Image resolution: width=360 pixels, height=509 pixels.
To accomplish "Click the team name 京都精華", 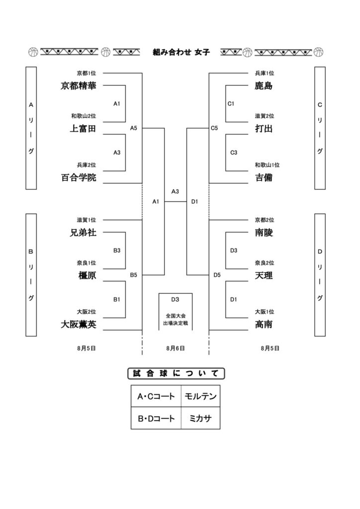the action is tap(78, 85).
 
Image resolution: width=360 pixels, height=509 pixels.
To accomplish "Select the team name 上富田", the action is tap(83, 129).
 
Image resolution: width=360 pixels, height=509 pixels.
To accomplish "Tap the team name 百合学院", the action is tap(79, 177).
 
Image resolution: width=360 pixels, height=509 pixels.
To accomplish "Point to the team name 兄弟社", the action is tap(83, 233).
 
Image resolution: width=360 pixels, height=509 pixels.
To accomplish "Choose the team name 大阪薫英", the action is tap(79, 324).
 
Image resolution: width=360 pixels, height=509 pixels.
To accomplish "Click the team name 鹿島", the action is tap(264, 85).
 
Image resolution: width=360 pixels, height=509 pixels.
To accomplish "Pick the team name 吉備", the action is tap(264, 177).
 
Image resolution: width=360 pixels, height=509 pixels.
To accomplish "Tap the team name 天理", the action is tap(264, 275).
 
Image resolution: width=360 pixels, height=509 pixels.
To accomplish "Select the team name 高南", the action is tap(264, 324).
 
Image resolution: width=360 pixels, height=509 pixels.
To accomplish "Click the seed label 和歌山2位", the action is tap(84, 116).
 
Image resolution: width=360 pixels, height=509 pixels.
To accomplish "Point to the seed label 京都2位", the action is tap(265, 220).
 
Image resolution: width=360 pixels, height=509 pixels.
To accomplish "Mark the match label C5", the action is tap(214, 128).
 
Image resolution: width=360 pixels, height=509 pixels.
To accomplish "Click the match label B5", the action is tap(133, 275).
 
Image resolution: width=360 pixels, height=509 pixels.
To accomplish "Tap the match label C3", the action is tap(234, 153).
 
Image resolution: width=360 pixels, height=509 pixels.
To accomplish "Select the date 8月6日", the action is tap(176, 348).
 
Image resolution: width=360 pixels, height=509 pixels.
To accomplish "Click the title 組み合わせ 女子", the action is tap(181, 52).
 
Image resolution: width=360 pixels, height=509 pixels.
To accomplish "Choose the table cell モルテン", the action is tap(200, 396).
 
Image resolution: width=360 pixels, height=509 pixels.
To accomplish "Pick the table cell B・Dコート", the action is tap(156, 419).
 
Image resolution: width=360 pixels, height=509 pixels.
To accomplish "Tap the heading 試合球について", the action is tap(176, 373).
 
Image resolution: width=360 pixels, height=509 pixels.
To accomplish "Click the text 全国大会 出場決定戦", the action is tap(176, 320).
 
